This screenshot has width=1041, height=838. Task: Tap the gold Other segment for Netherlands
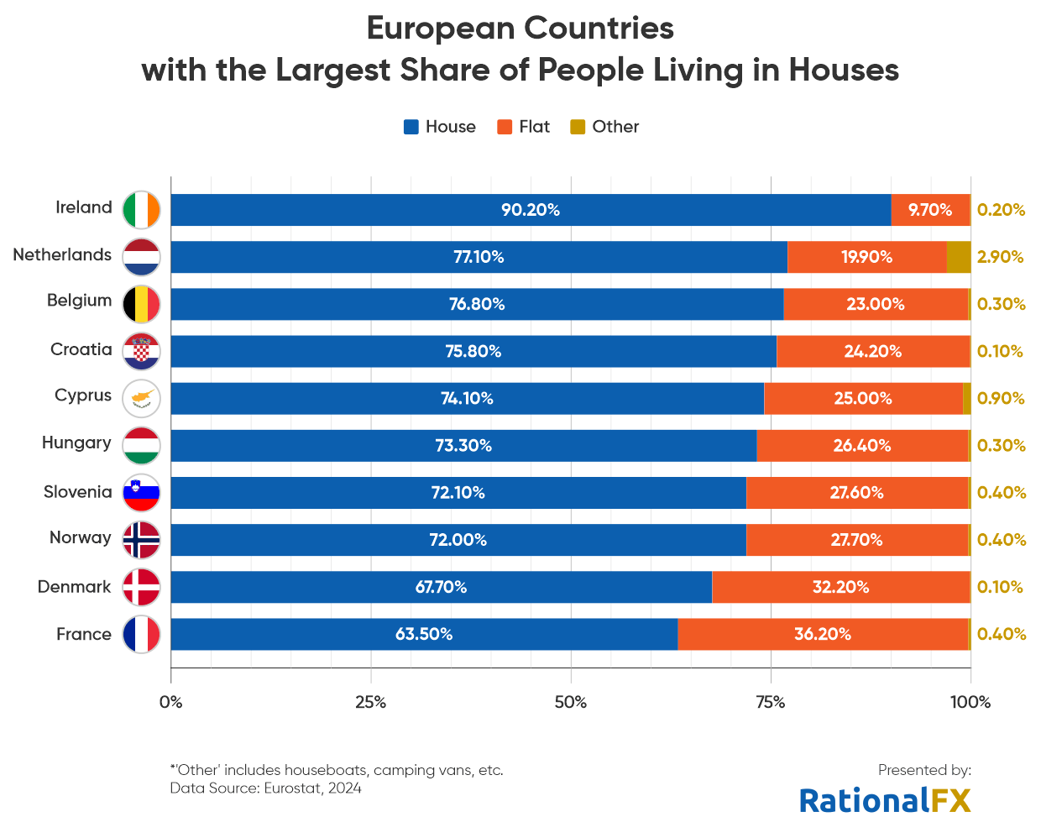958,257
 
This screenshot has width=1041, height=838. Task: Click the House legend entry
439,127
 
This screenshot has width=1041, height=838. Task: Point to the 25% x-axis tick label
370,702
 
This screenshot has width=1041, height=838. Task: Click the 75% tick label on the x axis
771,702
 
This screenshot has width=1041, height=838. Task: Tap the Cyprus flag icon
141,398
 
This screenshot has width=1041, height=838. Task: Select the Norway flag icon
141,540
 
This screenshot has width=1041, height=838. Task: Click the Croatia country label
81,349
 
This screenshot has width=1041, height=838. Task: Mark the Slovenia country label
77,492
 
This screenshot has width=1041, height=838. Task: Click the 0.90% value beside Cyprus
1001,398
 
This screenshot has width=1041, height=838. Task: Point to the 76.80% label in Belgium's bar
477,304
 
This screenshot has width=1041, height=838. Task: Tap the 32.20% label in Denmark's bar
840,587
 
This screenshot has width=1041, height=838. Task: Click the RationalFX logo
885,800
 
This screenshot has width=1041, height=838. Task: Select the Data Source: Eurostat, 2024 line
265,788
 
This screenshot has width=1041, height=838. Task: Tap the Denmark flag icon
141,587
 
